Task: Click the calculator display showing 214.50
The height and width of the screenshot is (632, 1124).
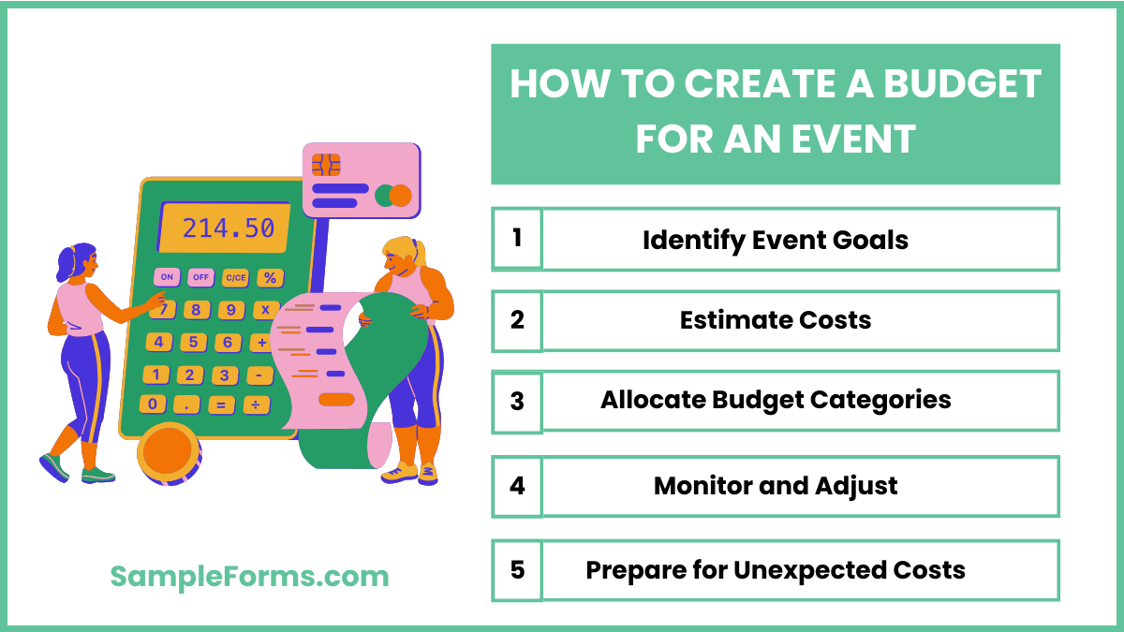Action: pos(225,228)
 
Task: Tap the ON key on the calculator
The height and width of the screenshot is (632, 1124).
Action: pos(167,277)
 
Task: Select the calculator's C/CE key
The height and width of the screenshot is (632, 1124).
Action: pos(235,277)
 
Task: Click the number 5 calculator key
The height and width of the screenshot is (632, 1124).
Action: pos(194,343)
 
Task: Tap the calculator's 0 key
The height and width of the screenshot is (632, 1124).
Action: pos(153,404)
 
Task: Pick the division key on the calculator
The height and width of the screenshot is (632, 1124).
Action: pos(255,404)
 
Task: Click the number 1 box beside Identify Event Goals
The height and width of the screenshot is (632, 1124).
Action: pos(517,238)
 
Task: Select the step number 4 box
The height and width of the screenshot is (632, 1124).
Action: pos(517,486)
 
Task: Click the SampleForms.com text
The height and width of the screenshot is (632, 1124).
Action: pos(249,576)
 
